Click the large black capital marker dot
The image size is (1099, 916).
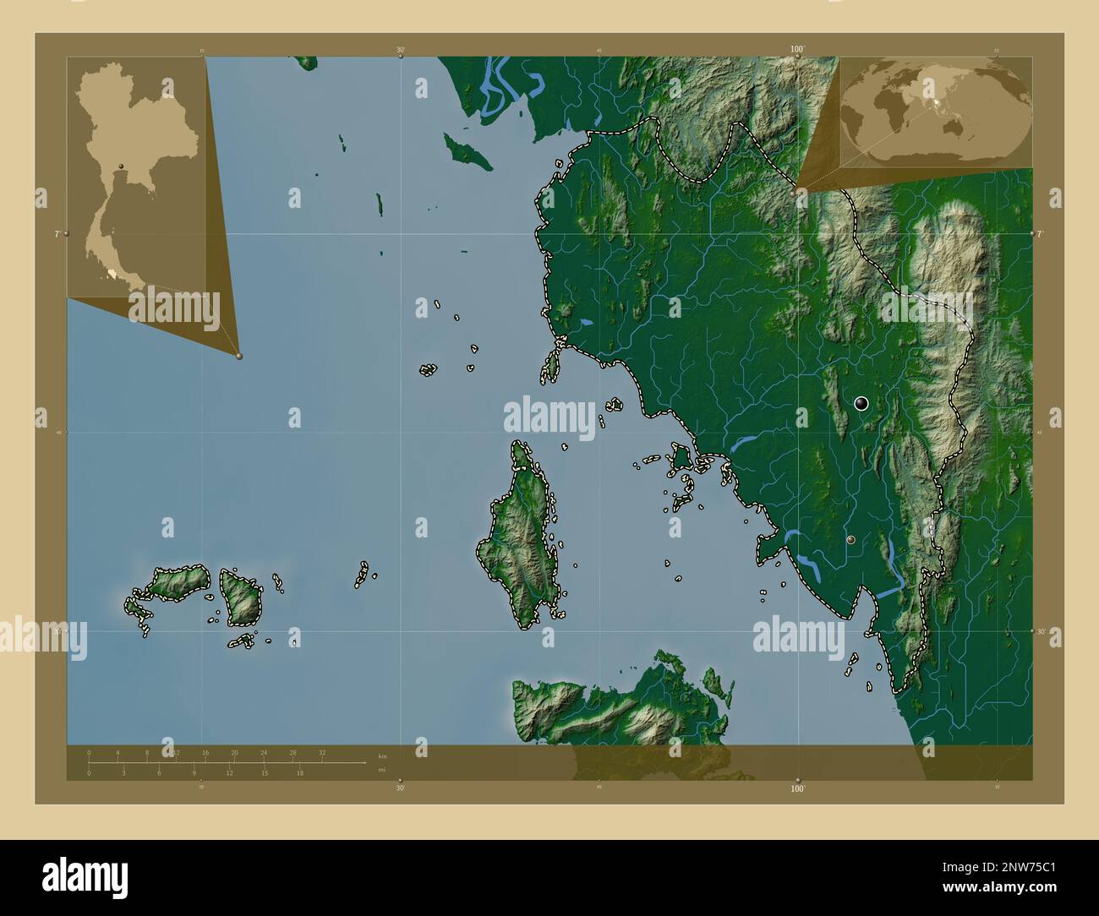pos(861,404)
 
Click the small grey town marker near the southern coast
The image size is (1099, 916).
pos(850,538)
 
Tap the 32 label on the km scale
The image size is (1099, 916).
pos(322,752)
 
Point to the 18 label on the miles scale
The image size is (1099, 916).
pos(299,772)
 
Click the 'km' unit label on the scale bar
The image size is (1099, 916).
pos(382,755)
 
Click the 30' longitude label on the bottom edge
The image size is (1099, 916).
pos(401,788)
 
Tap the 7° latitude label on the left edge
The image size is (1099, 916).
pos(57,233)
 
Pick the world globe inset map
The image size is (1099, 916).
pos(936,110)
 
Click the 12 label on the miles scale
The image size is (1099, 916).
pos(229,772)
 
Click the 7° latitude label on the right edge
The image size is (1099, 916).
pos(1040,233)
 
